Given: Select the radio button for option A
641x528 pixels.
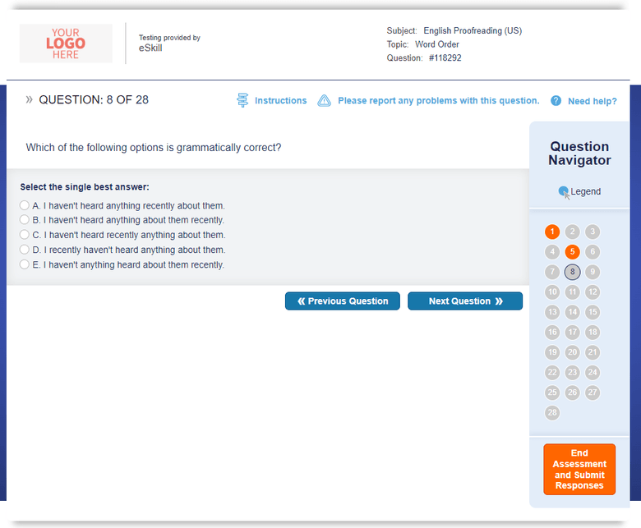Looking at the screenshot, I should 25,205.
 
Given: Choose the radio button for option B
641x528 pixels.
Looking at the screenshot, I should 25,220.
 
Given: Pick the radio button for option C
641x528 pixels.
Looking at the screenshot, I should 25,235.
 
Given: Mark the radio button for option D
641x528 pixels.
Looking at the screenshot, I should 25,250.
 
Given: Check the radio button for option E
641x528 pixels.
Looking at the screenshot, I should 25,264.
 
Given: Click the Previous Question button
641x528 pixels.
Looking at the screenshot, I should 343,301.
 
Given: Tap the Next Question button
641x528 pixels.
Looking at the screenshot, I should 465,301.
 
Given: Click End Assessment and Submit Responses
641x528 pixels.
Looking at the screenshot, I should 579,470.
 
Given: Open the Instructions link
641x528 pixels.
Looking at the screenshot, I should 280,101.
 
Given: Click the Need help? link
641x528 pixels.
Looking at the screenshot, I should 592,101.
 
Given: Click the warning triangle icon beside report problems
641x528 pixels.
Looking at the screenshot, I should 325,101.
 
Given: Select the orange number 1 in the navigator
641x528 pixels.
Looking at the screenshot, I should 552,232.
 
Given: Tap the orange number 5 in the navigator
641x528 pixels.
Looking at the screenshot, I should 573,252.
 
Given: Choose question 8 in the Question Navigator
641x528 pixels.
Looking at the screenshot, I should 573,272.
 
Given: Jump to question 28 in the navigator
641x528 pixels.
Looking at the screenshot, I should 552,412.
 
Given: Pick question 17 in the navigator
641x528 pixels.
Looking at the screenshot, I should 573,332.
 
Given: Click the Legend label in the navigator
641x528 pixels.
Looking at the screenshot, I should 585,191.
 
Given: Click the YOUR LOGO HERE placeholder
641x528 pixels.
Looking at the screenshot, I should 66,44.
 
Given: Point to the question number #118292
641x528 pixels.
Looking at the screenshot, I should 450,58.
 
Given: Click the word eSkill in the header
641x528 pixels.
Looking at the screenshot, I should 150,48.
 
